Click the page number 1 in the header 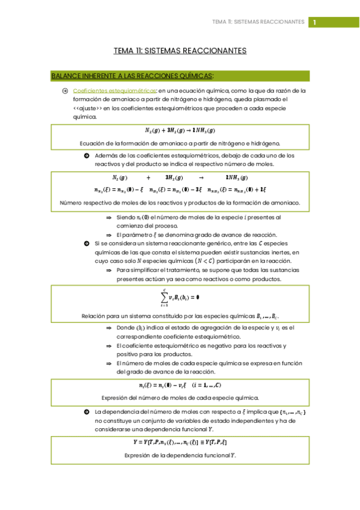coord(313,22)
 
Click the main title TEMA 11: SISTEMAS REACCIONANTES coord(180,51)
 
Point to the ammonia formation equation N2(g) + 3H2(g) coord(180,131)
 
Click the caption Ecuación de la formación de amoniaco coord(180,143)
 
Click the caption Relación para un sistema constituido coord(180,316)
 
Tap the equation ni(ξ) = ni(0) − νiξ coord(180,386)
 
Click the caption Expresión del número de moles coord(180,398)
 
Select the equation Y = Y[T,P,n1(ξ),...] coord(180,443)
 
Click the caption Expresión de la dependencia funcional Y coord(180,455)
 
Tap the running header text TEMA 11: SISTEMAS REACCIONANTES coord(258,22)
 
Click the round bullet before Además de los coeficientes coord(87,155)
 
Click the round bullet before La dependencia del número coord(87,412)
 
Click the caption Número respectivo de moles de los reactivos coord(180,203)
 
